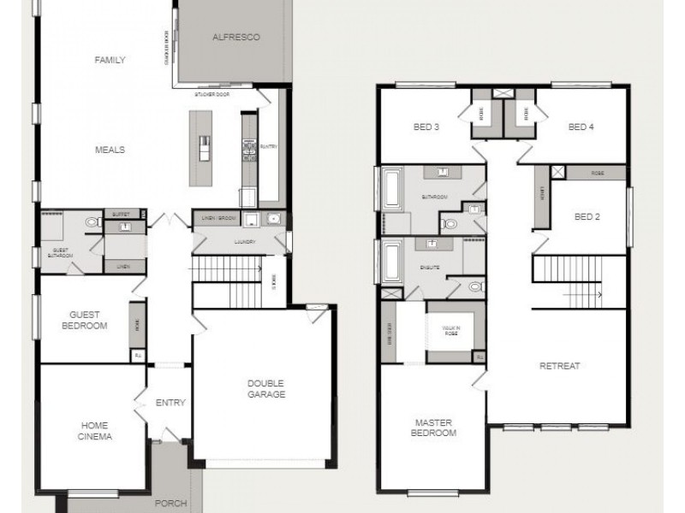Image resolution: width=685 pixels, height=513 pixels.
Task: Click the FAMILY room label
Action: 110,60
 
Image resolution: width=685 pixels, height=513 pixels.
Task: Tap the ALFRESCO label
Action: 235,38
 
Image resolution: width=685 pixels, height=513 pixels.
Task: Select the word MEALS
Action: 110,150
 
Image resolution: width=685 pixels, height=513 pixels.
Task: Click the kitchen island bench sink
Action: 204,144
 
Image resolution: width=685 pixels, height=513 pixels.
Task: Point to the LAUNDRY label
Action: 240,242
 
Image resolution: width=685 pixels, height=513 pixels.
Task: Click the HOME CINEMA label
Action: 96,430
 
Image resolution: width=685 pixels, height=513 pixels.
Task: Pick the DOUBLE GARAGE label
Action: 266,388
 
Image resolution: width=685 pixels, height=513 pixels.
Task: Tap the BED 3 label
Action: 426,127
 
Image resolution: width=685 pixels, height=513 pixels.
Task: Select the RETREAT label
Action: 560,366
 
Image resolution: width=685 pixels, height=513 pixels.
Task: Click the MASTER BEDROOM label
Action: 435,427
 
